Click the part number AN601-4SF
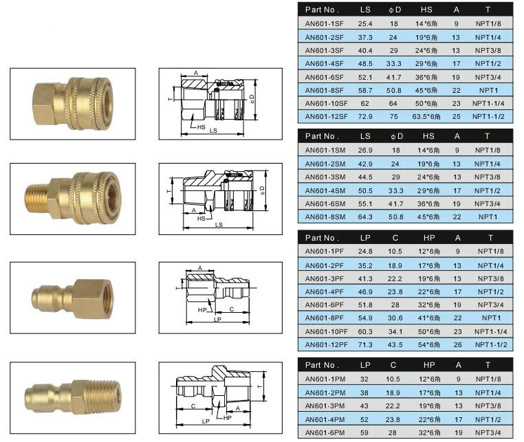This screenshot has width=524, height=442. [324, 63]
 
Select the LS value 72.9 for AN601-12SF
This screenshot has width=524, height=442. [365, 117]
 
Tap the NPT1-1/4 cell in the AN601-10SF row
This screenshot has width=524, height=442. [488, 104]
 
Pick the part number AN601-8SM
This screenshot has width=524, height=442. [325, 217]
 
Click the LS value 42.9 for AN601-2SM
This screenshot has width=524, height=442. [365, 164]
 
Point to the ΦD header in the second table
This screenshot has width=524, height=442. [397, 136]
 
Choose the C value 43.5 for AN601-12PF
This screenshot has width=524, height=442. [395, 345]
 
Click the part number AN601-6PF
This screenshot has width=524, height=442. [324, 305]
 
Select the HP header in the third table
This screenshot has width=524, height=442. [429, 238]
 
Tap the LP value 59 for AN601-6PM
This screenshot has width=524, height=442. [364, 432]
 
